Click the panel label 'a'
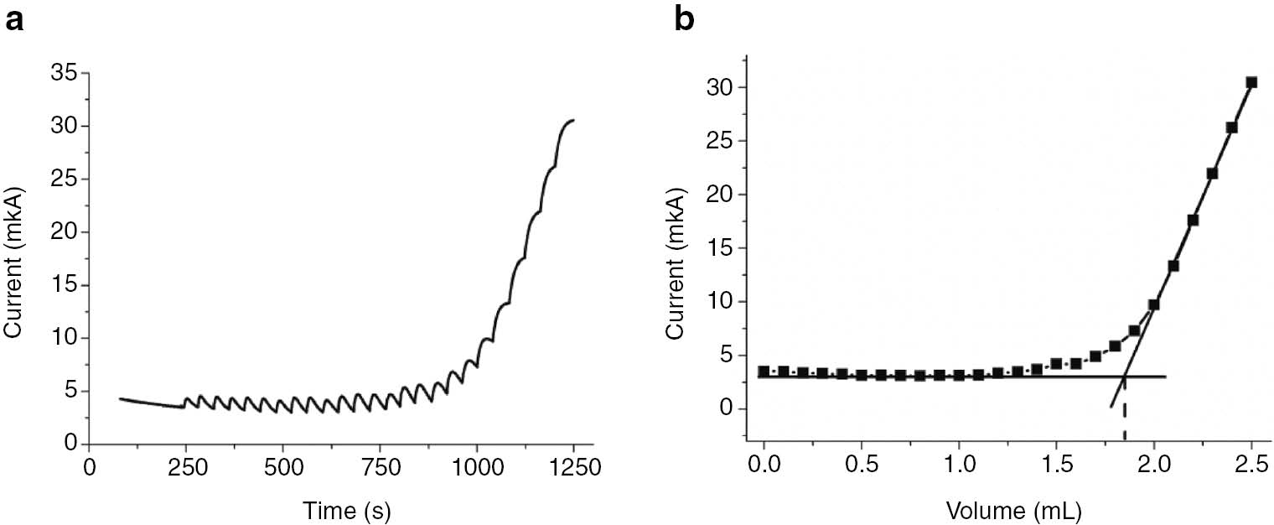(14, 20)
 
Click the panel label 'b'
(685, 20)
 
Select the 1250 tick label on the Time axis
(573, 467)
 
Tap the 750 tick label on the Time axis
(380, 467)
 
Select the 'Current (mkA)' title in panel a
(14, 258)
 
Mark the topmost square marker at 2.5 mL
(1251, 82)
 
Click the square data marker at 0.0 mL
(764, 372)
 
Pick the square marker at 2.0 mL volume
(1154, 304)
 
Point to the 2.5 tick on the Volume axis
(1251, 463)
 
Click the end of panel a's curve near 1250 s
(573, 121)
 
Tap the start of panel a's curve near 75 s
(120, 399)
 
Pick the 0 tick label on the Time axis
(90, 467)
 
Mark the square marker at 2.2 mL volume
(1193, 220)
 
